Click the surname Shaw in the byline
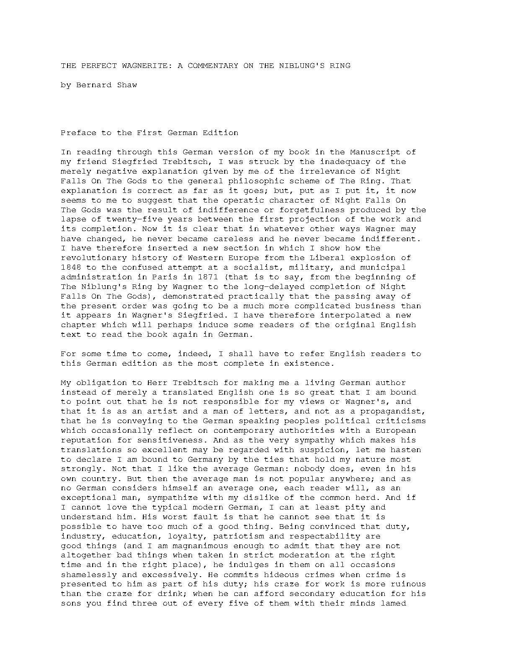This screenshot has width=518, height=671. (x=127, y=85)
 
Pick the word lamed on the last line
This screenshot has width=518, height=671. (x=393, y=603)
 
